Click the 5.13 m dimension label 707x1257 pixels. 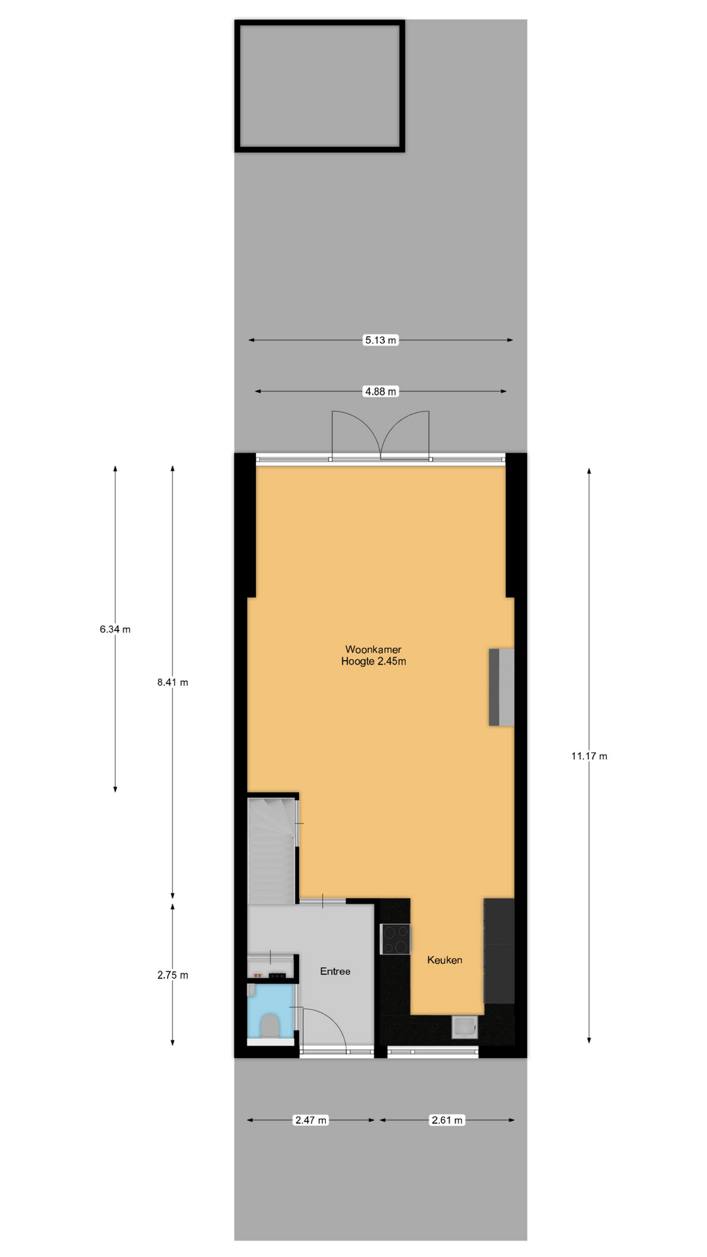[x=380, y=340]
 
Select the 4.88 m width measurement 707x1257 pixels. [x=380, y=392]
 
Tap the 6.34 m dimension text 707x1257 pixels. [x=115, y=629]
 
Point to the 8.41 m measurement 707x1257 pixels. [x=173, y=682]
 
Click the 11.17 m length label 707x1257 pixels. [x=589, y=756]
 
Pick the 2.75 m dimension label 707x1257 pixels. [x=173, y=975]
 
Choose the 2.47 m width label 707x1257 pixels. [x=311, y=1120]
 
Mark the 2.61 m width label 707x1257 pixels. [x=447, y=1120]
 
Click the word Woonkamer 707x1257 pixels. [x=373, y=649]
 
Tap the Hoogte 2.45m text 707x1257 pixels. [x=373, y=661]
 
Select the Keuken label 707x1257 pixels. [x=444, y=960]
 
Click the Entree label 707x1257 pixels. [x=335, y=971]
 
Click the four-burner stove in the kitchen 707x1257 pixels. [x=395, y=939]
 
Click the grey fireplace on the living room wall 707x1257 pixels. [x=501, y=687]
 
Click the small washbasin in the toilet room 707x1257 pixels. [x=252, y=990]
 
